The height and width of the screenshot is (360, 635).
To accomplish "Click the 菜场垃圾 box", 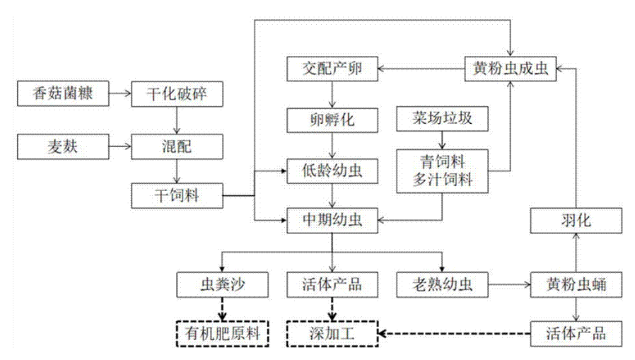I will click(x=443, y=119).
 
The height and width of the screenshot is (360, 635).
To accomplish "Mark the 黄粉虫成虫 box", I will click(x=509, y=69).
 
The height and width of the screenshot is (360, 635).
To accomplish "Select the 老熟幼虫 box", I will click(x=443, y=285).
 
